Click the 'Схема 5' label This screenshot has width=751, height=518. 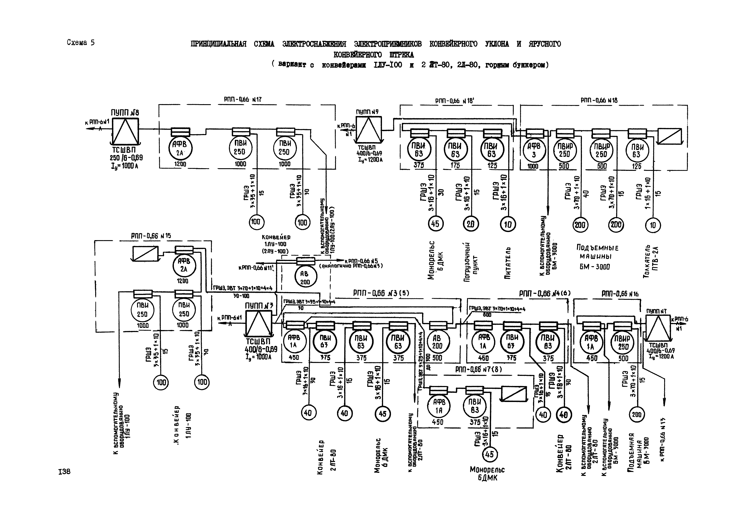click(80, 43)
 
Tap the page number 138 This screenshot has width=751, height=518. click(64, 472)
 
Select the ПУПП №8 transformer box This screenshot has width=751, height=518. click(125, 131)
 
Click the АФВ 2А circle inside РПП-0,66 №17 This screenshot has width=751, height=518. click(180, 149)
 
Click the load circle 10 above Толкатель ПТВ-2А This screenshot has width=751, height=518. click(653, 225)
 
